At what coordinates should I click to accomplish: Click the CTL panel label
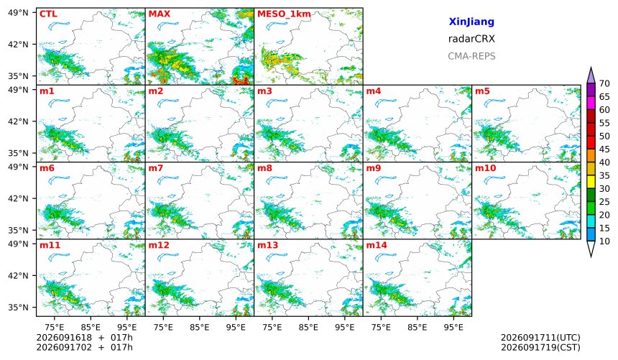(48, 14)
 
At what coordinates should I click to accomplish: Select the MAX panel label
(160, 14)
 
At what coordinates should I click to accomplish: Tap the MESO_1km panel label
(284, 14)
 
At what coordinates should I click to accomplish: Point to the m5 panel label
(482, 91)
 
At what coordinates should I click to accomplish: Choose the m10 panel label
(485, 168)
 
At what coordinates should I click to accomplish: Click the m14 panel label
(377, 245)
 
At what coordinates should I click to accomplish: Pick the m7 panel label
(156, 168)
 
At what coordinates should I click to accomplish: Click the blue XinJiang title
(471, 22)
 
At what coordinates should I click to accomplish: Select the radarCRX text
(471, 39)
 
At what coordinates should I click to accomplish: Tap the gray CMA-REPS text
(471, 56)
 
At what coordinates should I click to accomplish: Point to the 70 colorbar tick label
(604, 83)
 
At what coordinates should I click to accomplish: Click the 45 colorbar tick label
(604, 149)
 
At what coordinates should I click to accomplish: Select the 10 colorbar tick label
(604, 241)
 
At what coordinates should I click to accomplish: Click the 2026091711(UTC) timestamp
(540, 338)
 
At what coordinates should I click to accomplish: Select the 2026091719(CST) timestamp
(540, 347)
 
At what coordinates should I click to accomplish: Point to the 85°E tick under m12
(200, 327)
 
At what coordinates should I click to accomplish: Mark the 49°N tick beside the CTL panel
(18, 13)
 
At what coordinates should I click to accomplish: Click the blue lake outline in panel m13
(277, 257)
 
